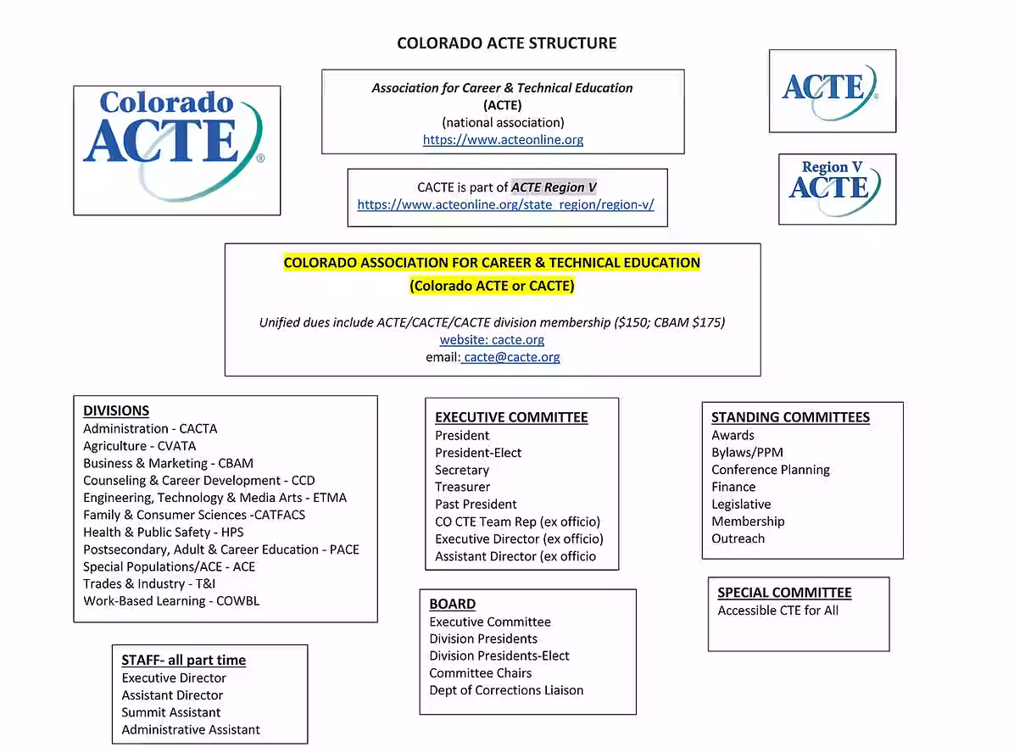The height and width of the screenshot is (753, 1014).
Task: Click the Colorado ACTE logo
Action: pyautogui.click(x=176, y=149)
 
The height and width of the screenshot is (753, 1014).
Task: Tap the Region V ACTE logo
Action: pyautogui.click(x=837, y=188)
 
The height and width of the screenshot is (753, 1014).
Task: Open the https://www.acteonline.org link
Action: pyautogui.click(x=503, y=140)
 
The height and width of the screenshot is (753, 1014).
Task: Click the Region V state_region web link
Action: pyautogui.click(x=505, y=204)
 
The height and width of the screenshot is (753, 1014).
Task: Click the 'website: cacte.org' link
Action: pyautogui.click(x=492, y=339)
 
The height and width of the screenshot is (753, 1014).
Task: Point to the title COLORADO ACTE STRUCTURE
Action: pyautogui.click(x=507, y=43)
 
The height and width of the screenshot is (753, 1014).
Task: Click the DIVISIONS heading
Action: pyautogui.click(x=116, y=410)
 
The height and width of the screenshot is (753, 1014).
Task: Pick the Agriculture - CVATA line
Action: pyautogui.click(x=139, y=446)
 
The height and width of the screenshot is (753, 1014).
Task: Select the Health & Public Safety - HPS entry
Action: pyautogui.click(x=163, y=532)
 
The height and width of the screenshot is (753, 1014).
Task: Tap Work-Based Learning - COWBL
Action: pyautogui.click(x=171, y=600)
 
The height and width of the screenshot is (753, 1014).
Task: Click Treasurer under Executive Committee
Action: pyautogui.click(x=462, y=487)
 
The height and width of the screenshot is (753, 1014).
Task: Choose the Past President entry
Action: pyautogui.click(x=476, y=504)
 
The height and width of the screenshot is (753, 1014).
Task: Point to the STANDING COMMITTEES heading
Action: pyautogui.click(x=790, y=417)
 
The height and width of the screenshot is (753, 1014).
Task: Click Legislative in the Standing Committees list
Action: pyautogui.click(x=741, y=504)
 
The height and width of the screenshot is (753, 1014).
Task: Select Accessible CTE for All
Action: pyautogui.click(x=777, y=611)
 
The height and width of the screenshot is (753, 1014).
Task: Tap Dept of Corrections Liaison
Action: pyautogui.click(x=506, y=689)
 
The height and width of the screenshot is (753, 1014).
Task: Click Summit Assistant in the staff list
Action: pyautogui.click(x=170, y=712)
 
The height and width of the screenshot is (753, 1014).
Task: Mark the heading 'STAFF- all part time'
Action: pyautogui.click(x=183, y=660)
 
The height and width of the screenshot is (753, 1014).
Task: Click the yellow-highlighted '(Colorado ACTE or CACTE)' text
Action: pyautogui.click(x=492, y=286)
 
